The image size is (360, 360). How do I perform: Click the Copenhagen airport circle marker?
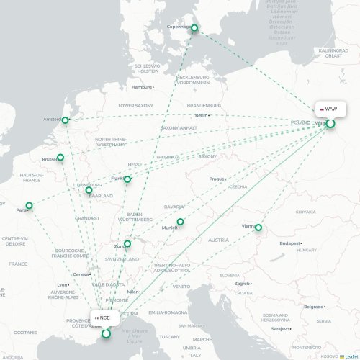coord(194,29)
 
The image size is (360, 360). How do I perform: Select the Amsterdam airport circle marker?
coord(66,120)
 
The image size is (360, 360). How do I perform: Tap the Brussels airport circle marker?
coord(60,157)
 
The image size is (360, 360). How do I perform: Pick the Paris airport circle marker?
coord(30,206)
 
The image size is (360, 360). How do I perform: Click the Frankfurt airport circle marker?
coord(127,179)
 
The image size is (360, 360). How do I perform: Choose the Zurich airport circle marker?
coord(127,244)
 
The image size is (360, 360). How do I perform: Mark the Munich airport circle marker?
coord(181,222)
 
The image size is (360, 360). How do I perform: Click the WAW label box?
coord(330,109)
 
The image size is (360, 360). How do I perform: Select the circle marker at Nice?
coord(107,333)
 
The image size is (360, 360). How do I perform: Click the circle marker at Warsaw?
coord(331,124)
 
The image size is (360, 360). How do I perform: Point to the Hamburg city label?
coord(142,87)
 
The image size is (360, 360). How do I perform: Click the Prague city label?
coord(217,179)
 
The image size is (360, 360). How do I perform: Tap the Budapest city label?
coord(289,243)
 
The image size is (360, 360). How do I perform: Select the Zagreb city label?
coord(242,284)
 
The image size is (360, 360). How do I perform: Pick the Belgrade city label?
coord(312,307)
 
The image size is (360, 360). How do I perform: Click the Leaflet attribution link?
coord(348,356)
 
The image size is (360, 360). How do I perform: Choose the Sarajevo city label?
coord(280,328)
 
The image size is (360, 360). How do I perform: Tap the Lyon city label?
coord(63,284)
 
